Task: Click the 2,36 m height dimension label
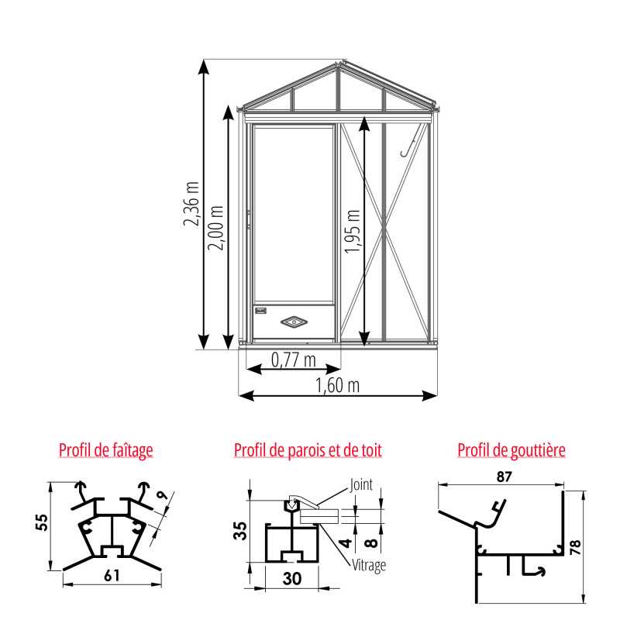click(191, 204)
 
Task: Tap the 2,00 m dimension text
click(216, 228)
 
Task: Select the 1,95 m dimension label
click(353, 231)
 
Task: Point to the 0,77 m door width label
click(294, 360)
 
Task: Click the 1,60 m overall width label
click(337, 385)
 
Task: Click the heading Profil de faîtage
click(106, 450)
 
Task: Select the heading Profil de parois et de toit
click(308, 450)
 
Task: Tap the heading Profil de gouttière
click(511, 450)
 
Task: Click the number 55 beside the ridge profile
click(42, 522)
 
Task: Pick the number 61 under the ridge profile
click(112, 576)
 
